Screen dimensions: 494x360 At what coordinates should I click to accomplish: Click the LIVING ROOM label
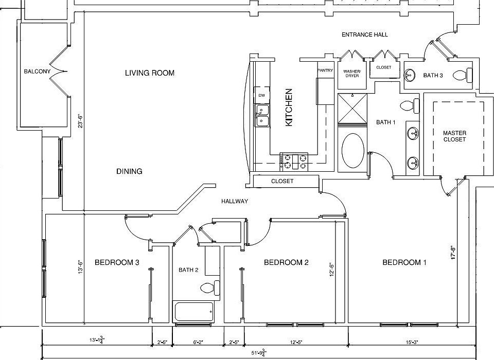click(150, 73)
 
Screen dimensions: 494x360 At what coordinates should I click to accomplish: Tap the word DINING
click(129, 171)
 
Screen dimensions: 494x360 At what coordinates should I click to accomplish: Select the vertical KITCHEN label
click(289, 107)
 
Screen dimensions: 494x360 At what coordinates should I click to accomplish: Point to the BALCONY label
click(37, 71)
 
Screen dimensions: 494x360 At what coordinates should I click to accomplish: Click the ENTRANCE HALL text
click(365, 34)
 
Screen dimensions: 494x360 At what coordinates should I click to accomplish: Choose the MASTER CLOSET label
click(454, 136)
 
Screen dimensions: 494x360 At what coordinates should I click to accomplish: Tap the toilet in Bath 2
click(210, 288)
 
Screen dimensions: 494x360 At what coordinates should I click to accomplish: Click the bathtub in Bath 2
click(193, 312)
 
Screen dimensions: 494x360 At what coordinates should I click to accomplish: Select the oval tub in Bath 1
click(353, 151)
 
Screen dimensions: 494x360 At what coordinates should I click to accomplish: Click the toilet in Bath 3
click(463, 75)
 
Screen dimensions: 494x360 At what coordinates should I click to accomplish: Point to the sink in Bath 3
click(410, 75)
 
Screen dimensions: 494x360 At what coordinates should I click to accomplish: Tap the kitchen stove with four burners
click(294, 161)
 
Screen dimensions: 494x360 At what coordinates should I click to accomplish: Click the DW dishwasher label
click(262, 95)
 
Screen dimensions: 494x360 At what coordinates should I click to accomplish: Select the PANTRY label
click(325, 70)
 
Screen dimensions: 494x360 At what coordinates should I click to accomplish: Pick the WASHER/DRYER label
click(352, 74)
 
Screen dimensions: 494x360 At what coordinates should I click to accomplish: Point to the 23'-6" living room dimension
click(80, 121)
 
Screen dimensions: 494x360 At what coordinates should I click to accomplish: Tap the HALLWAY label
click(235, 201)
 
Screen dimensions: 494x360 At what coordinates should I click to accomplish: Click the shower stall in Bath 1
click(352, 109)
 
